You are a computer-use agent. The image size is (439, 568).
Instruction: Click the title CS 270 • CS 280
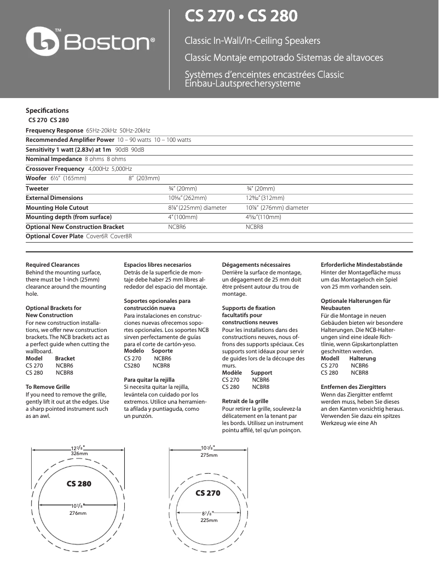click(241, 16)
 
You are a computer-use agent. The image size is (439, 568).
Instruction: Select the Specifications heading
click(47, 110)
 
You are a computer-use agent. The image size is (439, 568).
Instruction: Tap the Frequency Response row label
click(55, 130)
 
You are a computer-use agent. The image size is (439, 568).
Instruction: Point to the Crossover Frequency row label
click(55, 169)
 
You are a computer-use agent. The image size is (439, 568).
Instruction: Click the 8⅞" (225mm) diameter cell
click(197, 208)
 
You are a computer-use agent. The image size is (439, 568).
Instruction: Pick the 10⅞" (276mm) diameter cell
click(277, 208)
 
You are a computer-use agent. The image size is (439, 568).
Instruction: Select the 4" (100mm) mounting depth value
click(183, 217)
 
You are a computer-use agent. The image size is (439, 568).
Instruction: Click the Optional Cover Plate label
click(55, 236)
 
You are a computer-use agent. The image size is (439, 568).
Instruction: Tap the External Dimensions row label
click(54, 198)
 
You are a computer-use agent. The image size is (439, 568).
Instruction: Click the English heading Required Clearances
click(53, 265)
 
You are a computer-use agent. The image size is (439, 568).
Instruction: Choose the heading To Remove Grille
click(48, 387)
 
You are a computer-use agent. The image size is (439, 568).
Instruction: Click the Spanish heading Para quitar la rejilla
click(149, 379)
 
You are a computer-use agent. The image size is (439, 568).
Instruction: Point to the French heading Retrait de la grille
click(245, 401)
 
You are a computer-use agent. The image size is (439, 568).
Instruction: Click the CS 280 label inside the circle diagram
click(79, 484)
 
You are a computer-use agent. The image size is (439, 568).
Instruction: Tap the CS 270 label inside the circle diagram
click(208, 493)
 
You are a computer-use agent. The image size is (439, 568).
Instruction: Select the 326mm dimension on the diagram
click(79, 454)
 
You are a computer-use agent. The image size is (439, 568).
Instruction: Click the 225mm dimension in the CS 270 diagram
click(209, 520)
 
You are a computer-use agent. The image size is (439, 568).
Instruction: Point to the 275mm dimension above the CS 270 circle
click(209, 455)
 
